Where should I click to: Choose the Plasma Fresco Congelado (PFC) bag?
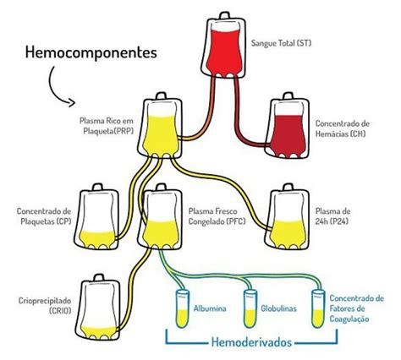click(x=163, y=218)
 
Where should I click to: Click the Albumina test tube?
click(x=179, y=307)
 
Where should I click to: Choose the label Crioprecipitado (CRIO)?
click(x=42, y=305)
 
